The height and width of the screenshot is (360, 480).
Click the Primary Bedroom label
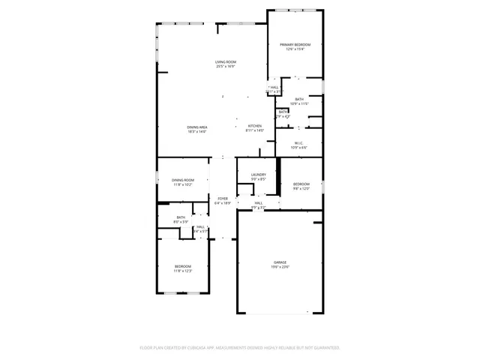coord(295,45)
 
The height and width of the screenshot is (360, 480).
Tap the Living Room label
coord(225,62)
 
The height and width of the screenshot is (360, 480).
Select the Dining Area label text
coord(197,127)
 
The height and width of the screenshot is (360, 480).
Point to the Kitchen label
coord(255,126)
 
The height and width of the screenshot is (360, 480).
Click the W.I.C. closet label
coord(299,142)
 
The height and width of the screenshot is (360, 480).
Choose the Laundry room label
coord(259,175)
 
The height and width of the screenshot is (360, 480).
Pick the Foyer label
coord(223,198)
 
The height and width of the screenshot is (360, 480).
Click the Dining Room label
coord(182,180)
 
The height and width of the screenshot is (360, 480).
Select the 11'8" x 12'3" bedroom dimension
coord(183,271)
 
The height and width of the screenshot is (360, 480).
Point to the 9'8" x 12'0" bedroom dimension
coord(301,188)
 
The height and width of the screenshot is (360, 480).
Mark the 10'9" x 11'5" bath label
coord(299,103)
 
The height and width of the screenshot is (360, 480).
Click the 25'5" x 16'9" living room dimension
coord(225,67)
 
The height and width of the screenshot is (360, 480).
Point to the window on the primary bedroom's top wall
coord(295,10)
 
